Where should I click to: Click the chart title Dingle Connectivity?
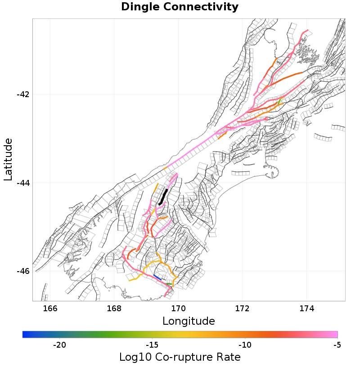pos(180,7)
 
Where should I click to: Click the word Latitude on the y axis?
pos(8,160)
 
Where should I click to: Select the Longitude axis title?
pos(189,321)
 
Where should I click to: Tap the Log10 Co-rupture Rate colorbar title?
pos(180,357)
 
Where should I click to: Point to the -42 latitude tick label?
pos(22,94)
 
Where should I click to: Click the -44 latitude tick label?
pos(22,183)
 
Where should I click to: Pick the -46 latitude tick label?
pos(22,271)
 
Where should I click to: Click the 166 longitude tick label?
pos(50,308)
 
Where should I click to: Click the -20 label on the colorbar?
pos(59,345)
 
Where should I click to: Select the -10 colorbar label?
pos(245,345)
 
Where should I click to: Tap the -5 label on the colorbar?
pos(337,345)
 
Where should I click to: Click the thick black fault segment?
pos(163,197)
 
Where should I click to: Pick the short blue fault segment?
pos(157,277)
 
